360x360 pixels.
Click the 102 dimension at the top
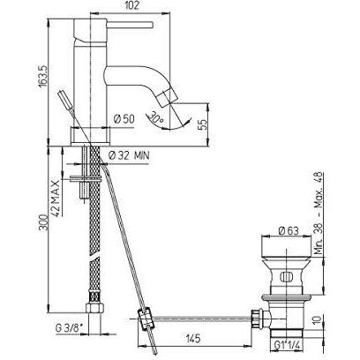coord(131,5)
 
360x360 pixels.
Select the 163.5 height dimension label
coord(42,76)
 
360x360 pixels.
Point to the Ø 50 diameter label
coord(124,119)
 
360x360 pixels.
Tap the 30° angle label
coord(156,118)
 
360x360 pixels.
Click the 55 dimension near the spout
coord(203,124)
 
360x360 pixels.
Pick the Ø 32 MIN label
coord(128,155)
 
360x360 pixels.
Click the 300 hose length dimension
coord(42,222)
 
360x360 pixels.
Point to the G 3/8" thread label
coord(68,328)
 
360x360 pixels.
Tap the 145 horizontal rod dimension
coord(192,338)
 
